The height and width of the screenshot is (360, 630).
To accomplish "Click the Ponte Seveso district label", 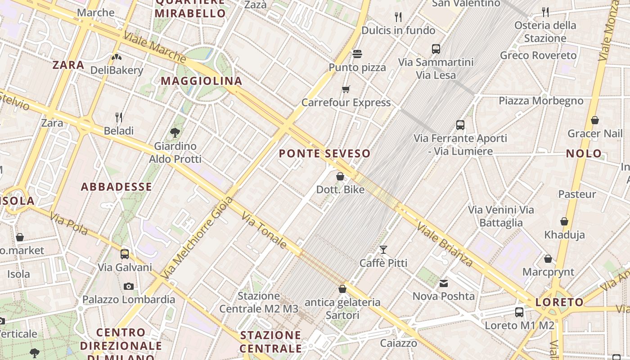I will [x=324, y=153].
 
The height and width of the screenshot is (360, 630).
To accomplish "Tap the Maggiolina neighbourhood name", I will [x=201, y=81].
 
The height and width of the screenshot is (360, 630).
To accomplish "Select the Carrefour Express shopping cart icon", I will [x=346, y=89].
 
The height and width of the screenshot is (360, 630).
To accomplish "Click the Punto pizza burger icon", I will [x=357, y=54].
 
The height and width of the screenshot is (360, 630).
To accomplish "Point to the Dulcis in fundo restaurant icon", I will [x=398, y=17].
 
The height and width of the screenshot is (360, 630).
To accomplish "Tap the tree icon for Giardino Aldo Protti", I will [x=175, y=133].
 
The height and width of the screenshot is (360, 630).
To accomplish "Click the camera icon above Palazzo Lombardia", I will [x=128, y=286].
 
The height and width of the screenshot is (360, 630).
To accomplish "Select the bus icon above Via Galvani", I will [x=125, y=254].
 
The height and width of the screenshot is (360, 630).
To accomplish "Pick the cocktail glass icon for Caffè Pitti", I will [x=383, y=250].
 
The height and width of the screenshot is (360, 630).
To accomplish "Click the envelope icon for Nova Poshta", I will [x=444, y=283].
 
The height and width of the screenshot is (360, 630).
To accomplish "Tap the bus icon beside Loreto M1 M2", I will [x=519, y=312].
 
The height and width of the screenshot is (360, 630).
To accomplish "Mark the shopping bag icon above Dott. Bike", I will [x=340, y=176].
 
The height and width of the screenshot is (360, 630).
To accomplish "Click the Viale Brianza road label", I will [x=444, y=243].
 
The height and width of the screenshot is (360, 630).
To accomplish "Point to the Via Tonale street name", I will [x=264, y=230].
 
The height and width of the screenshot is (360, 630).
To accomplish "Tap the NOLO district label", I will [x=584, y=153].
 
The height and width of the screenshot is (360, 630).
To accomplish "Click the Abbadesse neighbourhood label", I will [x=116, y=187].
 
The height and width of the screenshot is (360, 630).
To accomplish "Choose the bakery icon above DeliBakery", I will [x=117, y=57].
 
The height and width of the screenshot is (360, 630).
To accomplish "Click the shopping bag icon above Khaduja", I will [x=564, y=221].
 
